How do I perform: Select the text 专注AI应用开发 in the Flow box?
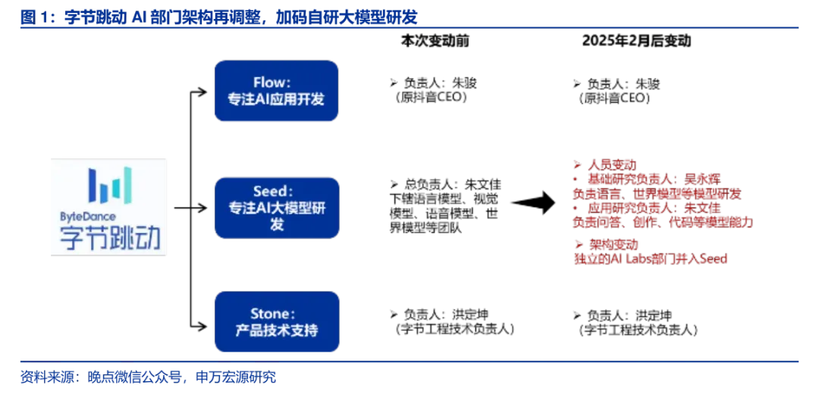tap(276, 99)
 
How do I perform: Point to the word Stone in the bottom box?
tap(271, 314)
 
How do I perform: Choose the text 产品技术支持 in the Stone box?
tap(276, 331)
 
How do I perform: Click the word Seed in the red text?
tap(712, 259)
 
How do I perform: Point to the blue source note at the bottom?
tap(149, 377)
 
